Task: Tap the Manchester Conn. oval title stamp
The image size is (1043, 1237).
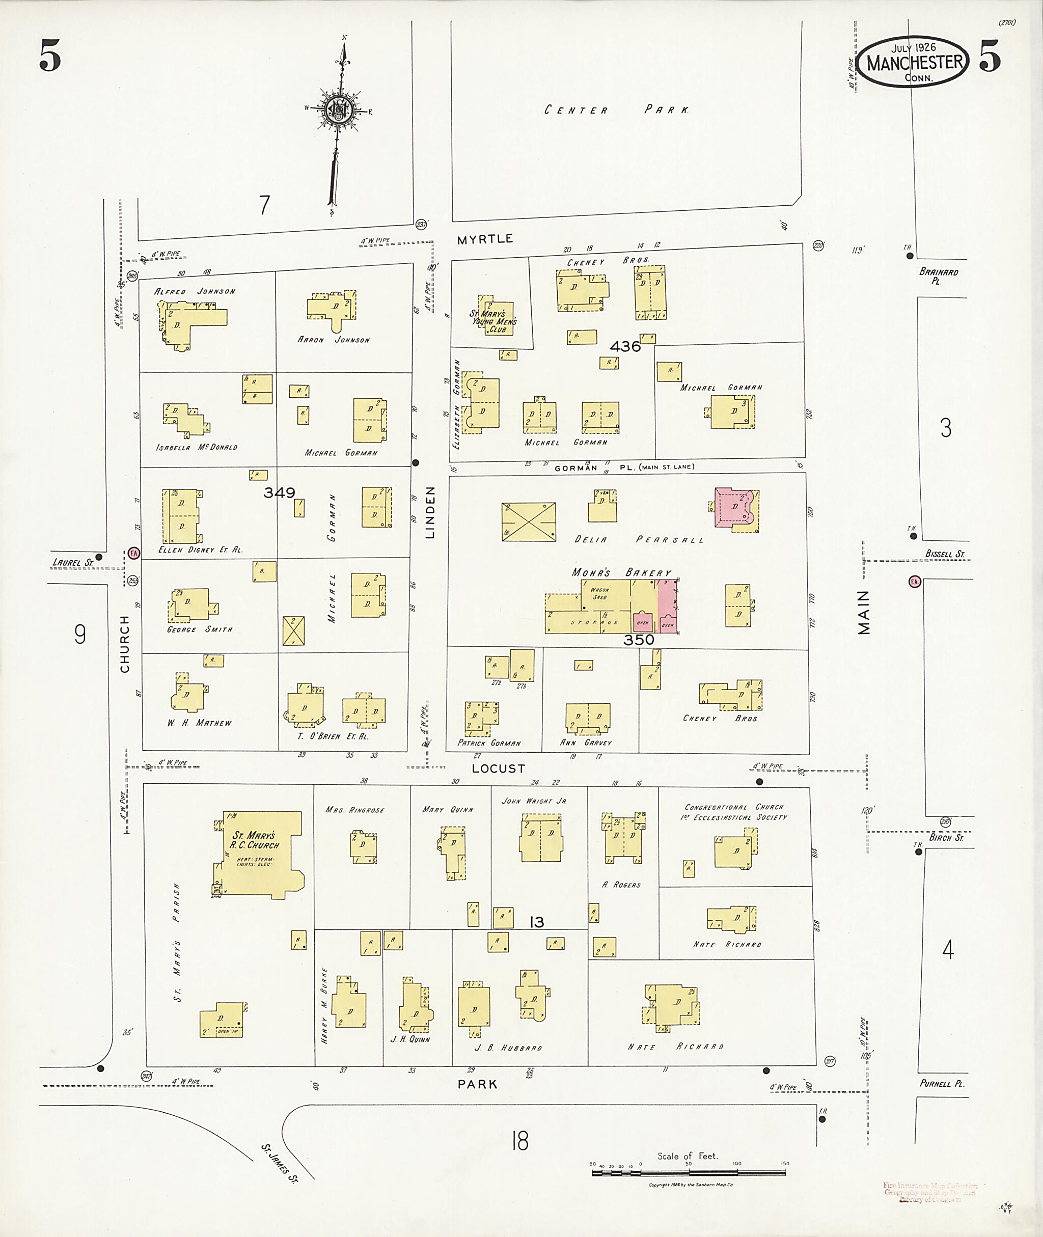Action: [x=914, y=62]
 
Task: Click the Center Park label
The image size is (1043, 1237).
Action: [x=616, y=110]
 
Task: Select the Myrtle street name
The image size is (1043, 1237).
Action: [x=485, y=239]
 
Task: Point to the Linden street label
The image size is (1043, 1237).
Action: [x=430, y=512]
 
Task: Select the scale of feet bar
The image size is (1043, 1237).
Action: [x=689, y=1172]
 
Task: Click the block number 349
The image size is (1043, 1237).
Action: [x=280, y=492]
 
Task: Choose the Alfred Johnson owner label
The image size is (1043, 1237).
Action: [x=195, y=291]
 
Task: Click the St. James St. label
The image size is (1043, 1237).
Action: [x=279, y=1163]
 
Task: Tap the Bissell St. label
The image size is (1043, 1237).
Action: [x=944, y=554]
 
